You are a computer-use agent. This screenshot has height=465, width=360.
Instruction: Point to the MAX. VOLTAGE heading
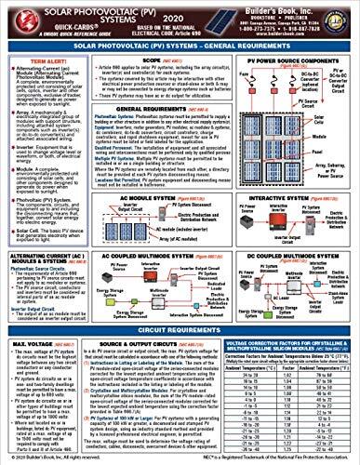click(28, 346)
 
